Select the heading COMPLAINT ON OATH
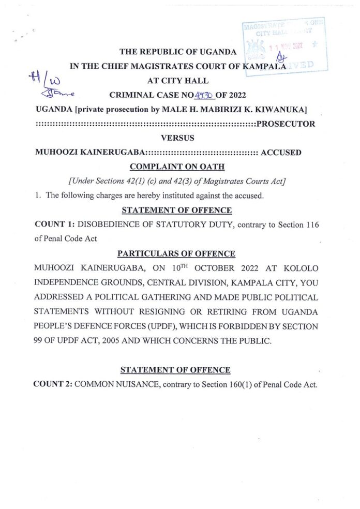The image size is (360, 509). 176,167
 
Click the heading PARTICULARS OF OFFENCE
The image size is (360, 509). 176,253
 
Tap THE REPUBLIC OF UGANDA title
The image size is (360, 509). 178,52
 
